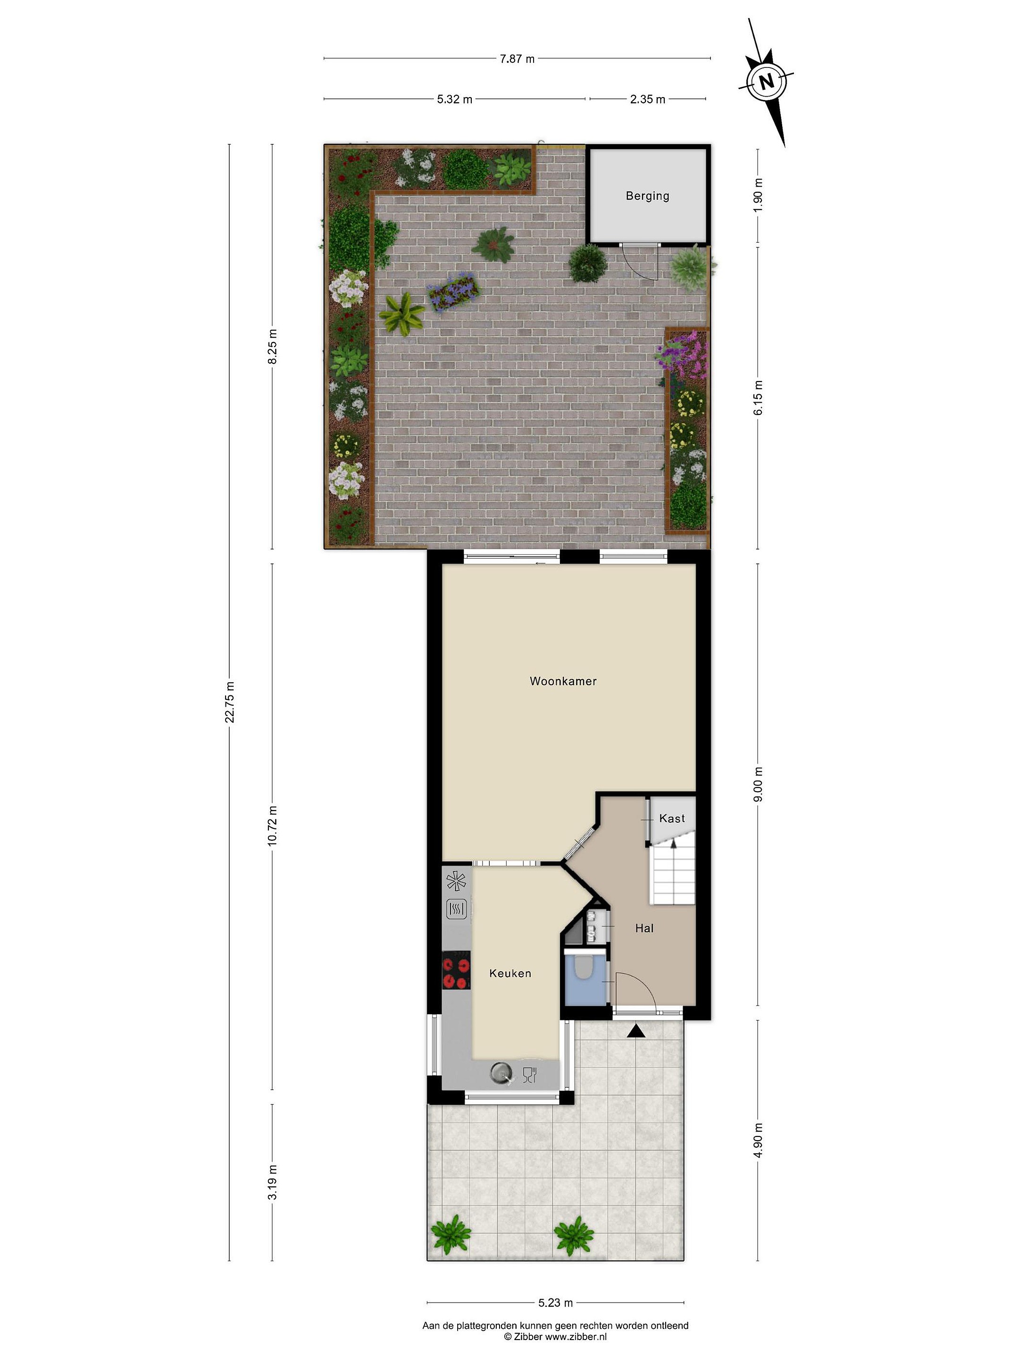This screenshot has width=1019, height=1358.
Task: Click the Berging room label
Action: (x=647, y=196)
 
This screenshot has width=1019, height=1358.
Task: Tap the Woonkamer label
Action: (x=563, y=681)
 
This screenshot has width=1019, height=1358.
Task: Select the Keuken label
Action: (x=510, y=973)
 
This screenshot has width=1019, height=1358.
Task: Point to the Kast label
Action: (x=671, y=819)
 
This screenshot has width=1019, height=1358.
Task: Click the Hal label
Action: (x=644, y=928)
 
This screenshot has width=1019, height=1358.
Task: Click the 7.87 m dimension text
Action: (x=517, y=59)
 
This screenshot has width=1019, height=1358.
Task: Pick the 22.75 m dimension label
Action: (x=230, y=702)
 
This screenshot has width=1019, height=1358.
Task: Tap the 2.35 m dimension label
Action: (x=647, y=99)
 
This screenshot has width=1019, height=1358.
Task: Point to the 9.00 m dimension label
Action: (x=758, y=784)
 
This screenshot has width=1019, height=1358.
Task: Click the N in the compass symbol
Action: (x=766, y=81)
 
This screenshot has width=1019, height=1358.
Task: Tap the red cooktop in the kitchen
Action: (x=456, y=970)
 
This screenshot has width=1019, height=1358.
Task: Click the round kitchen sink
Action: (x=502, y=1073)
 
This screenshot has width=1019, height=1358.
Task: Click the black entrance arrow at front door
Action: (x=636, y=1031)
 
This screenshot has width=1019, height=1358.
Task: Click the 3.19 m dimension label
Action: (x=273, y=1182)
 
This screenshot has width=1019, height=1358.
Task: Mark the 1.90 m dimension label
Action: (x=758, y=195)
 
